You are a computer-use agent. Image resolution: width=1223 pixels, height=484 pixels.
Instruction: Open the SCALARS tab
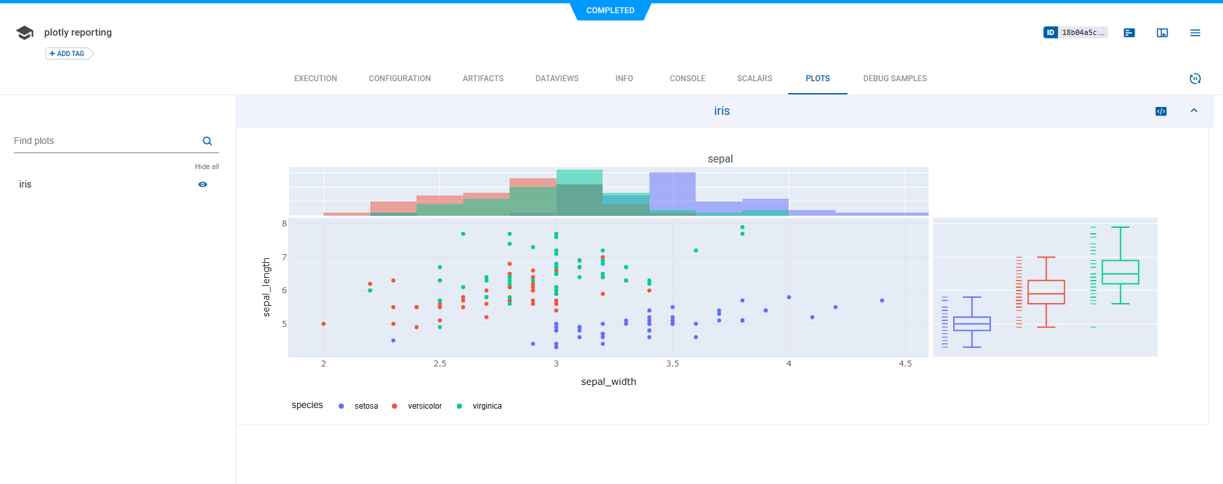point(754,79)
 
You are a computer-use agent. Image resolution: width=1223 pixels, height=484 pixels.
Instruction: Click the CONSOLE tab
point(687,79)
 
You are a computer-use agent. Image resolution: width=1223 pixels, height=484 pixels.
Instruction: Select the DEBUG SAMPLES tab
point(894,79)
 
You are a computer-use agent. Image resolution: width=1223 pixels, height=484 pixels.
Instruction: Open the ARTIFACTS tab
point(482,79)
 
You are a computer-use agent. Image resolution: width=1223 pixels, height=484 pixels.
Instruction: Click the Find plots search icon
point(207,141)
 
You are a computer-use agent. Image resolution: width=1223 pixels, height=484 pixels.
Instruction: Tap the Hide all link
point(207,166)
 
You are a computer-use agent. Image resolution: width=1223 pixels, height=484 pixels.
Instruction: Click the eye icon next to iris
point(203,185)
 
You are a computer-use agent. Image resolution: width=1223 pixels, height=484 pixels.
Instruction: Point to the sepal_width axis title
point(608,382)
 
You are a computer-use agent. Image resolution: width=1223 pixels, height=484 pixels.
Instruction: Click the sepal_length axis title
point(267,287)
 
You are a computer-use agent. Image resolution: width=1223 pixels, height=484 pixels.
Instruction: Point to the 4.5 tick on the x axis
point(905,364)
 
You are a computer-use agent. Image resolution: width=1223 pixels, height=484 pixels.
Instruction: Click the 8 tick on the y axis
point(284,224)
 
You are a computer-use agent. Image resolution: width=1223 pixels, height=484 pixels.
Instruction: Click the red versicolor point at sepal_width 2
point(323,324)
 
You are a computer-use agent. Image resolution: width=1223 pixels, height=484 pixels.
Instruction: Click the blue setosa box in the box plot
point(972,324)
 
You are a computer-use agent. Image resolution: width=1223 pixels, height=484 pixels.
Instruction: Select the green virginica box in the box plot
point(1120,272)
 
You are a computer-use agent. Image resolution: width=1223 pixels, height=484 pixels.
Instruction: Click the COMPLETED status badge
point(611,11)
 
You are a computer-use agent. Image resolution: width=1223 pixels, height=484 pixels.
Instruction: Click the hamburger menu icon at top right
point(1195,33)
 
